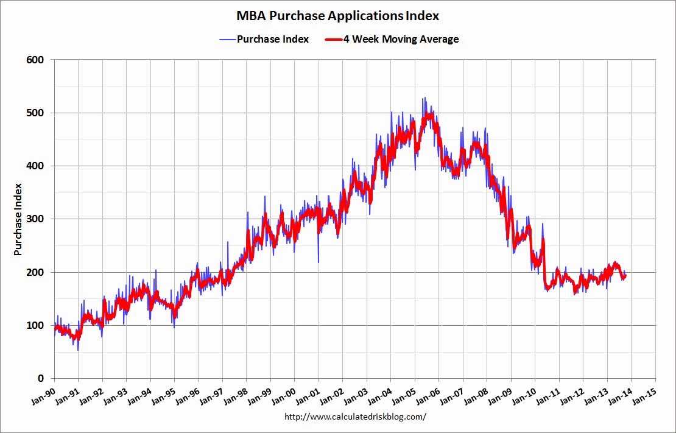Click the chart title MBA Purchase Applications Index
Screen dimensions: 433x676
point(337,15)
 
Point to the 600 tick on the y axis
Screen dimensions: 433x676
point(35,60)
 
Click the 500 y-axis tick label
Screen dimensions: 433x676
point(35,113)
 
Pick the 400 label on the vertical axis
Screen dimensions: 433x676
point(35,166)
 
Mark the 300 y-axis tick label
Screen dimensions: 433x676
point(35,219)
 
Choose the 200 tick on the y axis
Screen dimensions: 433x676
point(35,272)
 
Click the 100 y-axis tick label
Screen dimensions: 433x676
point(35,325)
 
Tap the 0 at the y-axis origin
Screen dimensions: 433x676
point(40,378)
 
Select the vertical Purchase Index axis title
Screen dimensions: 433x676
point(18,219)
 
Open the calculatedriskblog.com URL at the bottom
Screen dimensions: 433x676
point(355,417)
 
